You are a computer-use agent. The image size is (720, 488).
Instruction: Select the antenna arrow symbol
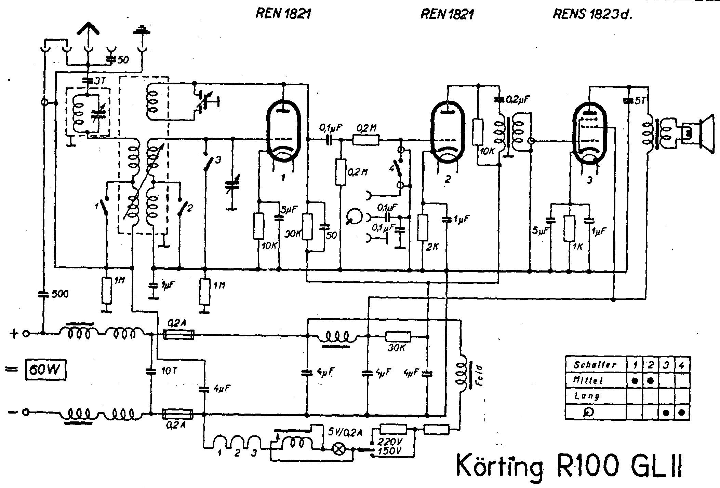(x=88, y=29)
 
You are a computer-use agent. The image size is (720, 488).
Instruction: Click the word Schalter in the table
(x=595, y=364)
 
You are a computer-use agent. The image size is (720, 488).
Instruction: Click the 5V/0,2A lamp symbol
(x=339, y=449)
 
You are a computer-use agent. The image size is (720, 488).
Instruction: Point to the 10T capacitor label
(x=168, y=371)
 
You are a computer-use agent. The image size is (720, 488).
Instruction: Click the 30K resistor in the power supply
(x=398, y=336)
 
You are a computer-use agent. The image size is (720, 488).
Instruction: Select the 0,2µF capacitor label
(x=518, y=99)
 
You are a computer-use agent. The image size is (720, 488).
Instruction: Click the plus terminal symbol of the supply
(x=14, y=333)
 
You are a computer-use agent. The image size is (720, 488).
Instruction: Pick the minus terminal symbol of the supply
(x=13, y=412)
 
